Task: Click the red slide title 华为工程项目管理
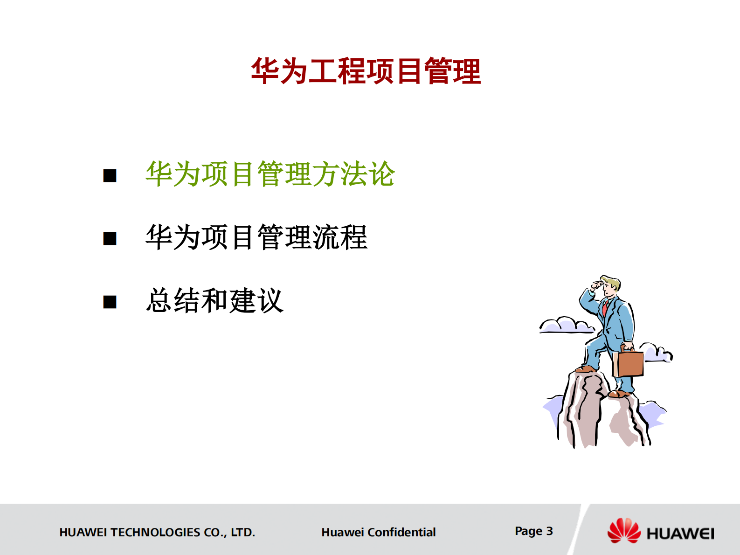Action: (x=366, y=71)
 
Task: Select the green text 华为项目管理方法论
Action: (x=270, y=174)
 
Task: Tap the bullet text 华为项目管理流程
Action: (x=256, y=237)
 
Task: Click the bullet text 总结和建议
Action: (x=214, y=301)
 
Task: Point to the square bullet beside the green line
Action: (x=110, y=176)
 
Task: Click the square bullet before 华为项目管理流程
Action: (x=110, y=239)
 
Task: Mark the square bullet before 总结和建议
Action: (x=110, y=302)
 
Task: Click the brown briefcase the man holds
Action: (x=629, y=363)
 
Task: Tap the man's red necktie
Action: (x=605, y=308)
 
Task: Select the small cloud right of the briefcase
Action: (x=657, y=353)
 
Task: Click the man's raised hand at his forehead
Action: (x=596, y=285)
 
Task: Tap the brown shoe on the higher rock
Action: (x=585, y=369)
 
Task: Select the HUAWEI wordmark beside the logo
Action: (x=680, y=534)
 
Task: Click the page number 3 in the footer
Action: (x=549, y=531)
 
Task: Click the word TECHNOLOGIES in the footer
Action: (x=156, y=532)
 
